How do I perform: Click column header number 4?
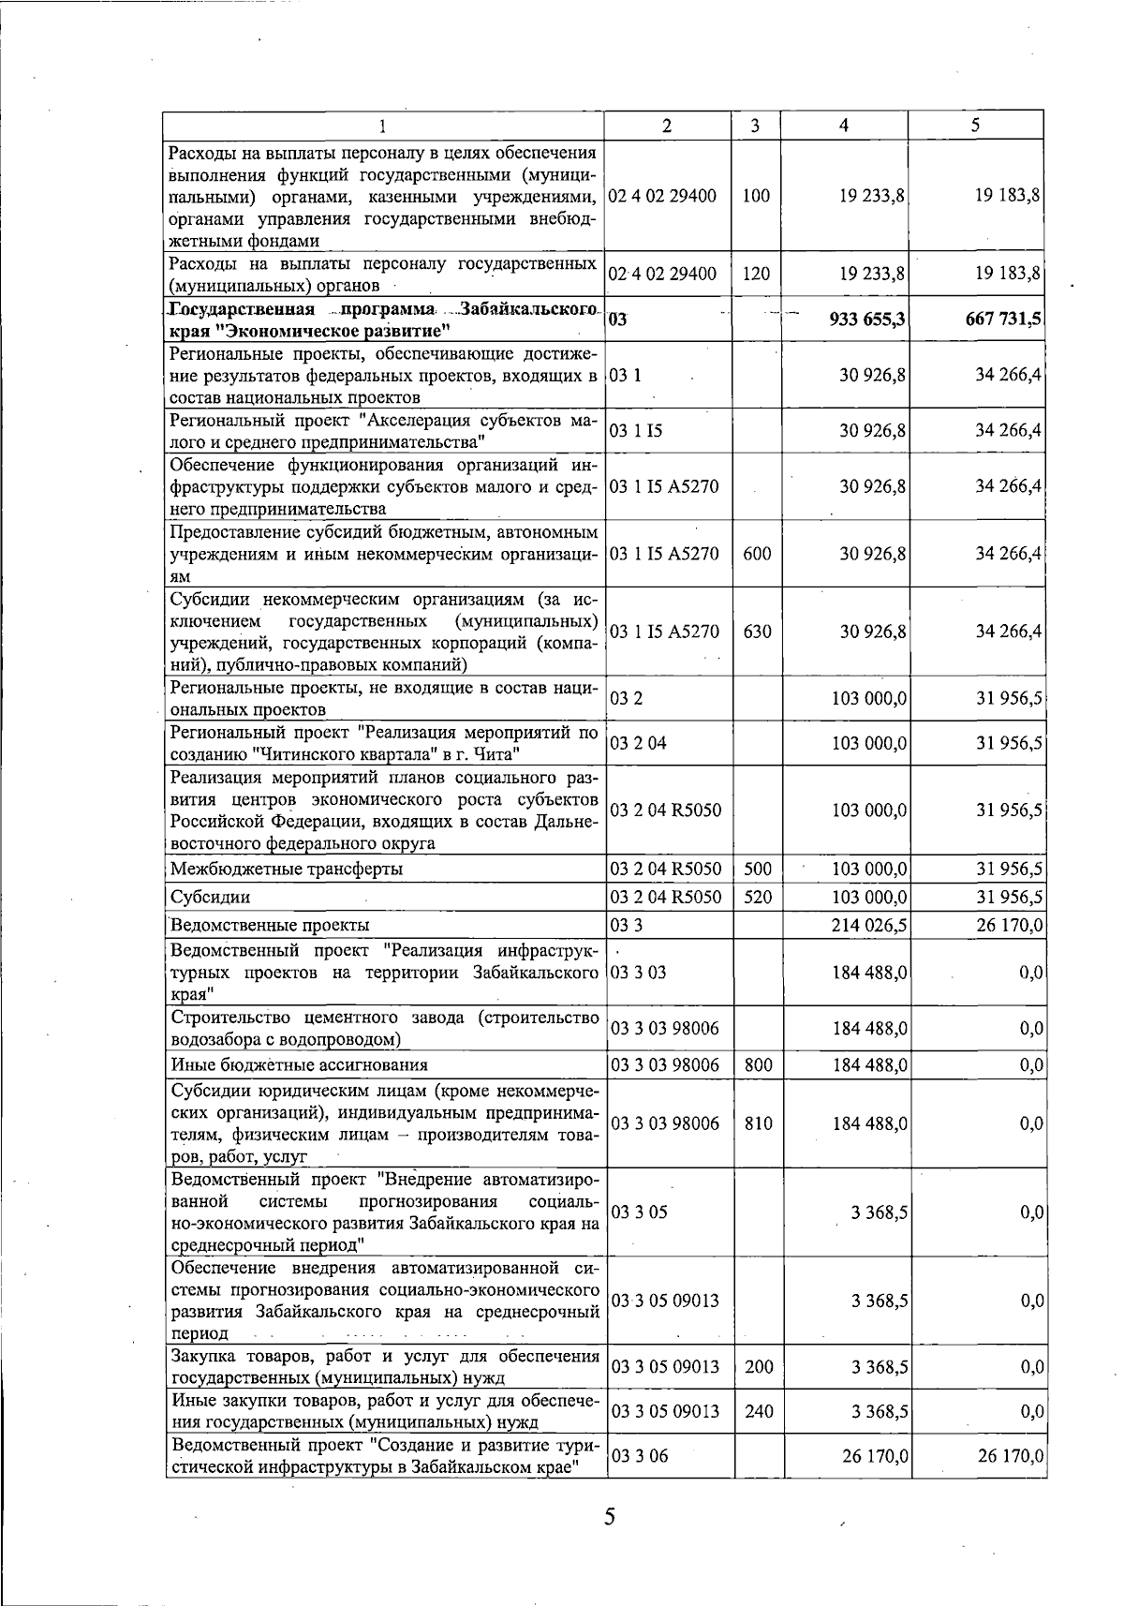tap(844, 126)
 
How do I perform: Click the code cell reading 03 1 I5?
tap(636, 431)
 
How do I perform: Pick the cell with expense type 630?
tap(756, 632)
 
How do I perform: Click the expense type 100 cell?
tap(755, 196)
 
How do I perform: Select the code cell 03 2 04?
tap(639, 743)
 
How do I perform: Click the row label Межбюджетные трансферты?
tap(287, 870)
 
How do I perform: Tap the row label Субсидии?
tap(211, 898)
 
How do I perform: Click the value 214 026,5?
tap(869, 926)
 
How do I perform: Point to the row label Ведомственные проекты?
tap(270, 926)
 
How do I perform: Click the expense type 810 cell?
tap(758, 1123)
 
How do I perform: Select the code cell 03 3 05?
tap(639, 1212)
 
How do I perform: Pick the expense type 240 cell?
tap(758, 1412)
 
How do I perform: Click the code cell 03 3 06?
tap(639, 1457)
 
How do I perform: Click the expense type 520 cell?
tap(757, 898)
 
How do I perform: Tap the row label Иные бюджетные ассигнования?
tap(299, 1064)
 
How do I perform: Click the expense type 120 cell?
tap(755, 274)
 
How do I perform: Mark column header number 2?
tap(666, 126)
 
